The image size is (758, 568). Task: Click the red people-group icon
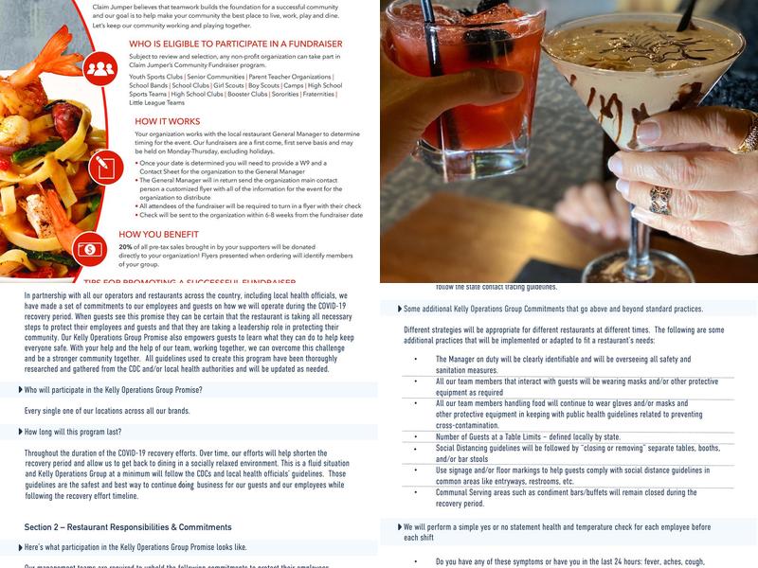pyautogui.click(x=99, y=68)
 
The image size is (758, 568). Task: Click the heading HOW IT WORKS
pyautogui.click(x=167, y=121)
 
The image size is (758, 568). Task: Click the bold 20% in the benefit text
pyautogui.click(x=126, y=247)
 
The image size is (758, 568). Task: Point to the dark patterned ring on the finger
pyautogui.click(x=659, y=199)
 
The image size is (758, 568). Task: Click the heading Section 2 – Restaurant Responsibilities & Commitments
pyautogui.click(x=128, y=526)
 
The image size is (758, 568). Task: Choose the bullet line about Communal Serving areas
pyautogui.click(x=566, y=492)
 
